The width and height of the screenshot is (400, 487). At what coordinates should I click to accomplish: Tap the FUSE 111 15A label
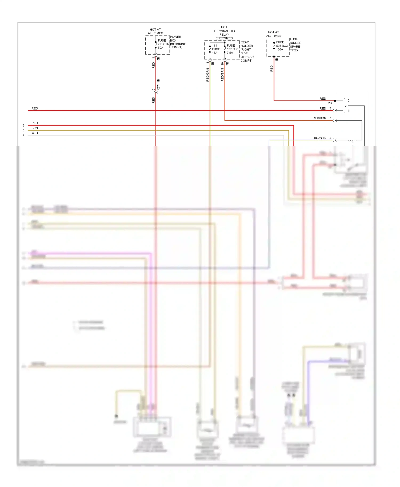(x=215, y=49)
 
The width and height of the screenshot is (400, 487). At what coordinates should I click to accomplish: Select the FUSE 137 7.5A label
(x=231, y=49)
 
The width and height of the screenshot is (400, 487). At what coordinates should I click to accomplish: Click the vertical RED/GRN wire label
(x=207, y=75)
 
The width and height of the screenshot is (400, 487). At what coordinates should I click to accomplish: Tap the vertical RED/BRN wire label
(x=222, y=75)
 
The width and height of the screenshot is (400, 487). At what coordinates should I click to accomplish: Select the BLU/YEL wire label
(x=320, y=138)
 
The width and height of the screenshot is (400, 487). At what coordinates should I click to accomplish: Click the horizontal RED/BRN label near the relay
(x=319, y=118)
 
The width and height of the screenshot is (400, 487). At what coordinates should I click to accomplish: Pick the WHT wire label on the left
(x=35, y=133)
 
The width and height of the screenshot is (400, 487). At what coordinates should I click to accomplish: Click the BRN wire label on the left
(x=35, y=128)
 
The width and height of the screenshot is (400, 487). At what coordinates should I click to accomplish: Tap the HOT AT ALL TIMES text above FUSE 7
(x=155, y=31)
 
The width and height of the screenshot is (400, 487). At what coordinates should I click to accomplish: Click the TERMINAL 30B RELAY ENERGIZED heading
(x=224, y=33)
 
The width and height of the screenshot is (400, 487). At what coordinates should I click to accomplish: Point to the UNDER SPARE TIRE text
(x=295, y=47)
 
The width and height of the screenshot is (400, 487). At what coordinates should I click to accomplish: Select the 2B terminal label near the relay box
(x=330, y=103)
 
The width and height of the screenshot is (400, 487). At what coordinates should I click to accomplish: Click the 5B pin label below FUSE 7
(x=158, y=59)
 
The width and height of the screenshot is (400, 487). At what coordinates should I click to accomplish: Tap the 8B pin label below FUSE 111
(x=213, y=64)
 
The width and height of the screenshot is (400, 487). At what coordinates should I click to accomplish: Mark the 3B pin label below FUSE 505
(x=277, y=60)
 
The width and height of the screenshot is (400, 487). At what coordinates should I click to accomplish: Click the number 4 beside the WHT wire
(x=23, y=135)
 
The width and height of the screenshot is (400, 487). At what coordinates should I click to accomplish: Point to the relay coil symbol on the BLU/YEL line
(x=353, y=140)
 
